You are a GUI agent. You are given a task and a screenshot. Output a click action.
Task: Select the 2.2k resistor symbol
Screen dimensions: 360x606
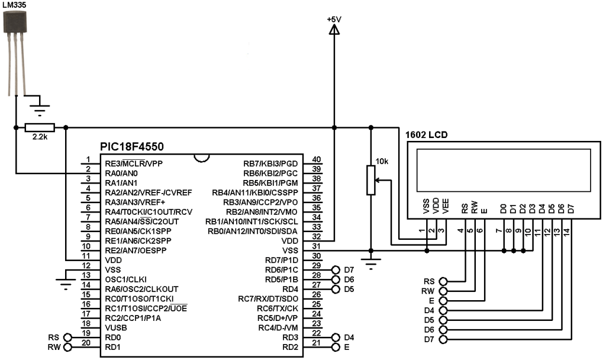coord(40,127)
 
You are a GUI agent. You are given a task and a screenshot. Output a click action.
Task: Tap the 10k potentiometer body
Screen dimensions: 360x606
coord(371,180)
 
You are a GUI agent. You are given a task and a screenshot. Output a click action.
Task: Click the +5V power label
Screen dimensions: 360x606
coord(334,20)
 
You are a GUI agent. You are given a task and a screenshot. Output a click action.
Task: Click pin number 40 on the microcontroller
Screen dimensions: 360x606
coord(316,160)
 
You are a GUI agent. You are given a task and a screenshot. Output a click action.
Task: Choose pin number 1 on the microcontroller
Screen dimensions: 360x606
coord(88,160)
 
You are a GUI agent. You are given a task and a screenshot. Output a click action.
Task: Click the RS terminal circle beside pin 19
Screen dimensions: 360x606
coord(67,337)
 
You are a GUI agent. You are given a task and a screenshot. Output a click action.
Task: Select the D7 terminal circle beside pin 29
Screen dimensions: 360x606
coord(337,269)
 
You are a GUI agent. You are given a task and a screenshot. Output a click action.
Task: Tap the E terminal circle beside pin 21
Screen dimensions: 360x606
coord(337,347)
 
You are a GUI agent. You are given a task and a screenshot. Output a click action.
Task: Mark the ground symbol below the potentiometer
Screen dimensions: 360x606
coord(371,264)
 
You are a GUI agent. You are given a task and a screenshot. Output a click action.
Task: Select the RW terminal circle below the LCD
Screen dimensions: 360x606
coord(444,291)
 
